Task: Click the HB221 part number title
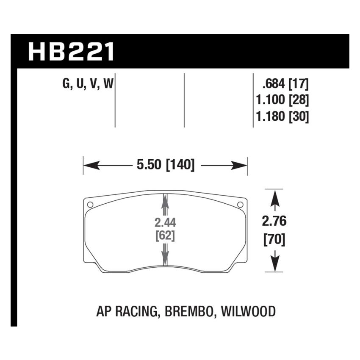tap(71, 52)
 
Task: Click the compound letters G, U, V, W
tap(88, 84)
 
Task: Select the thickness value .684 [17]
tap(285, 84)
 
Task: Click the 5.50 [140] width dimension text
tap(165, 165)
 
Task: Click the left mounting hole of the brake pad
tap(90, 205)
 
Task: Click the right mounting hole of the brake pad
tap(240, 205)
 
